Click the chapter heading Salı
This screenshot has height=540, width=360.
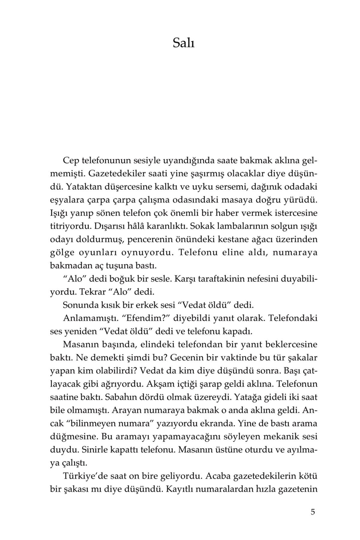[184, 43]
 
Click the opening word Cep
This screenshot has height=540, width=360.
[71, 160]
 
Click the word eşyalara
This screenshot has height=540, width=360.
[64, 200]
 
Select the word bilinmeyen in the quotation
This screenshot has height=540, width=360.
[93, 424]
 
